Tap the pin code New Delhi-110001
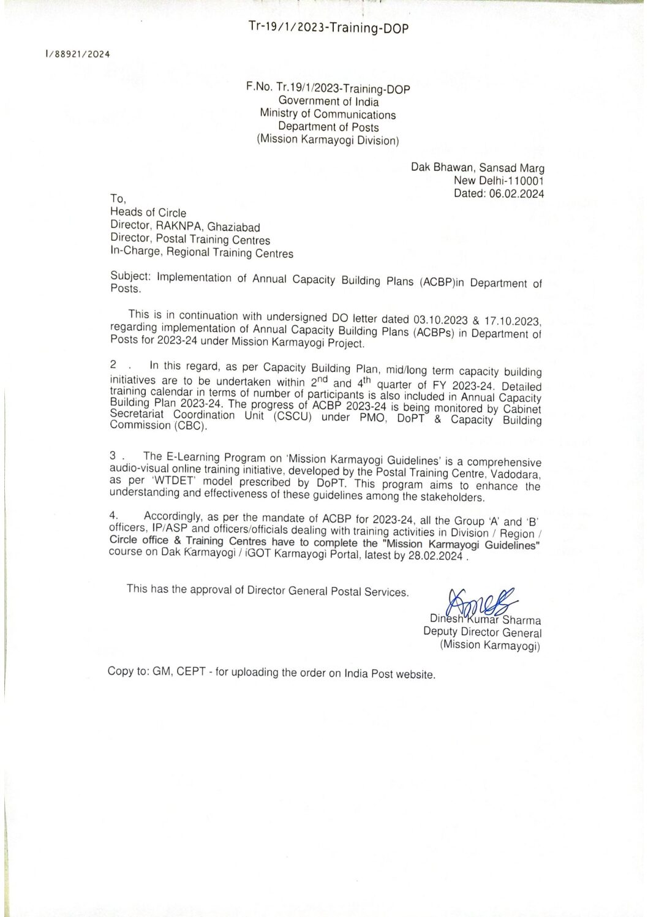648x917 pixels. click(499, 180)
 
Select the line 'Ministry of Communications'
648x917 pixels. click(328, 115)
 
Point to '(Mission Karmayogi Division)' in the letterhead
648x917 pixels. click(328, 141)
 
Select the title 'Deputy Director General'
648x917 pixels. click(482, 633)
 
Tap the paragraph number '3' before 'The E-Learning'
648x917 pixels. click(113, 456)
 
